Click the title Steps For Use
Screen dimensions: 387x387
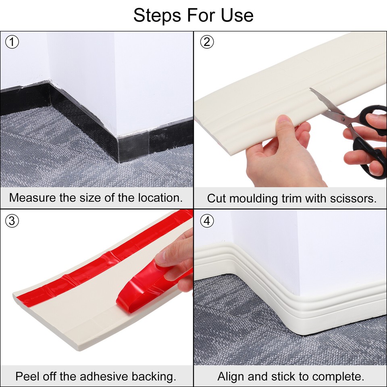click(193, 15)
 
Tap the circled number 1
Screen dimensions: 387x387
click(12, 42)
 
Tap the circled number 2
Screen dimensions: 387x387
click(206, 42)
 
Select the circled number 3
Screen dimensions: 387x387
click(12, 221)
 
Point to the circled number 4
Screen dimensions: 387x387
click(206, 221)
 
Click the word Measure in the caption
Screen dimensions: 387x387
click(29, 198)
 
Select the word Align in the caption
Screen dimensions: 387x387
click(231, 377)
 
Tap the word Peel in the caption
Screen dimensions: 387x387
click(25, 377)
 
